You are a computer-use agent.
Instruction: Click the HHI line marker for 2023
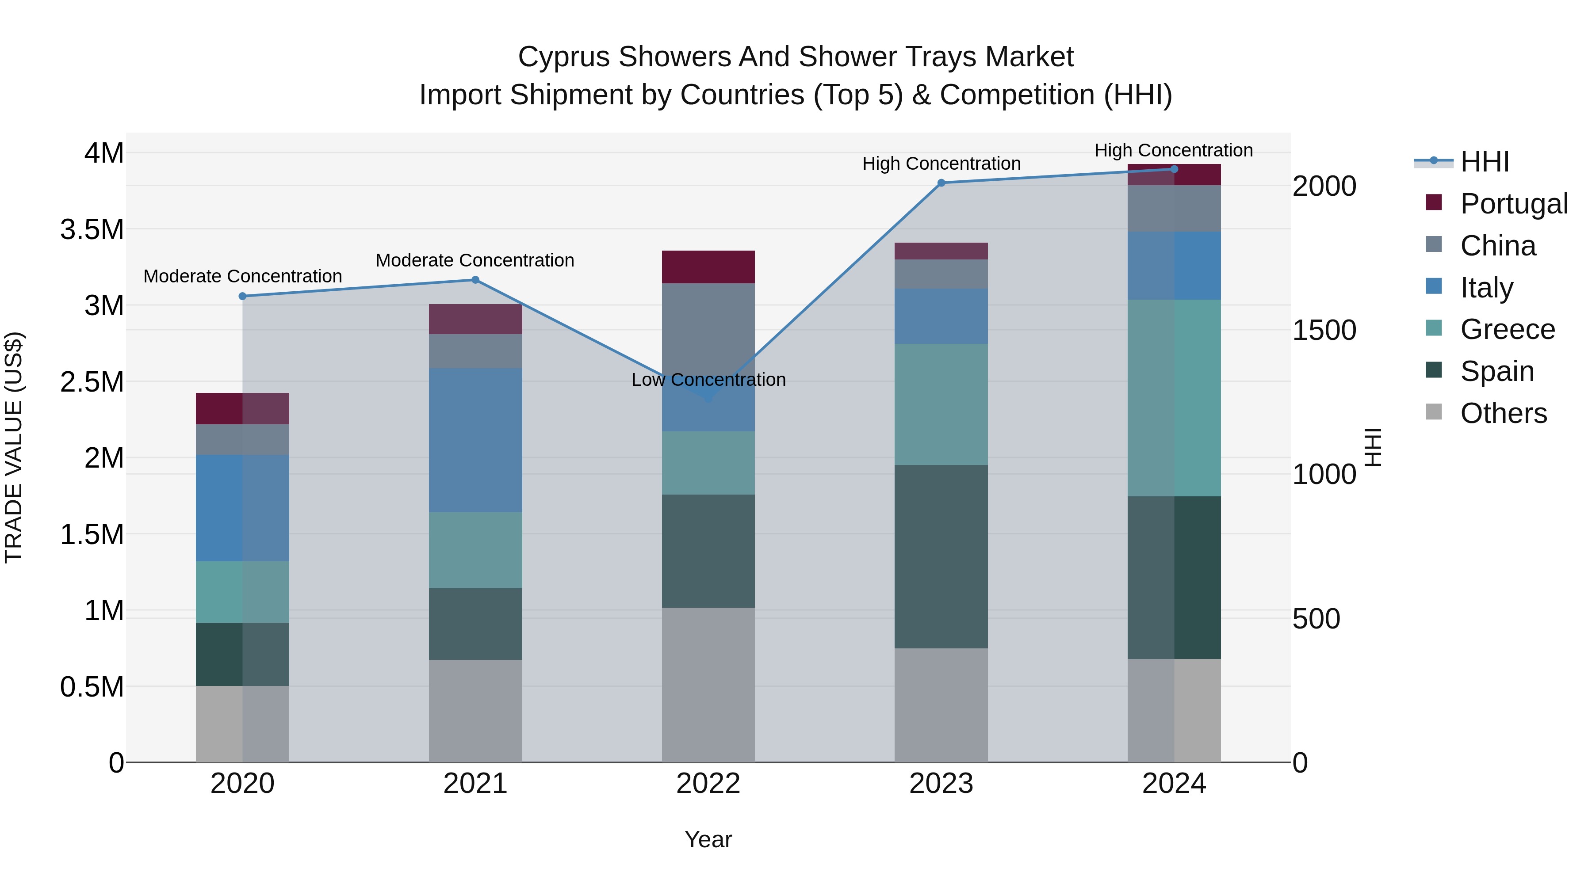(x=941, y=183)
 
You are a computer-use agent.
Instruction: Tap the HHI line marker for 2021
(x=475, y=280)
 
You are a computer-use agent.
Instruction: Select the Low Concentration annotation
(x=708, y=380)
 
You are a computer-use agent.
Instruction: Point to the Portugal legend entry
(x=1513, y=204)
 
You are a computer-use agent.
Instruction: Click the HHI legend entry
(x=1485, y=162)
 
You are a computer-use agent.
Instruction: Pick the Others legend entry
(x=1503, y=413)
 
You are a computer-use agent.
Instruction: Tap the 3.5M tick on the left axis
(x=92, y=229)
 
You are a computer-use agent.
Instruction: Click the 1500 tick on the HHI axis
(x=1324, y=331)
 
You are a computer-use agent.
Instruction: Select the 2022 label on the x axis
(x=708, y=784)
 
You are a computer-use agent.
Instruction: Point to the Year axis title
(x=708, y=839)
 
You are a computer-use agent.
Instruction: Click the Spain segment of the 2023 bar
(x=941, y=556)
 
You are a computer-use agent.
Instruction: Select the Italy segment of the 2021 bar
(x=475, y=440)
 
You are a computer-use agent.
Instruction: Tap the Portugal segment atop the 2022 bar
(x=708, y=267)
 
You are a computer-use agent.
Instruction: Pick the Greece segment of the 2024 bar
(x=1174, y=398)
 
